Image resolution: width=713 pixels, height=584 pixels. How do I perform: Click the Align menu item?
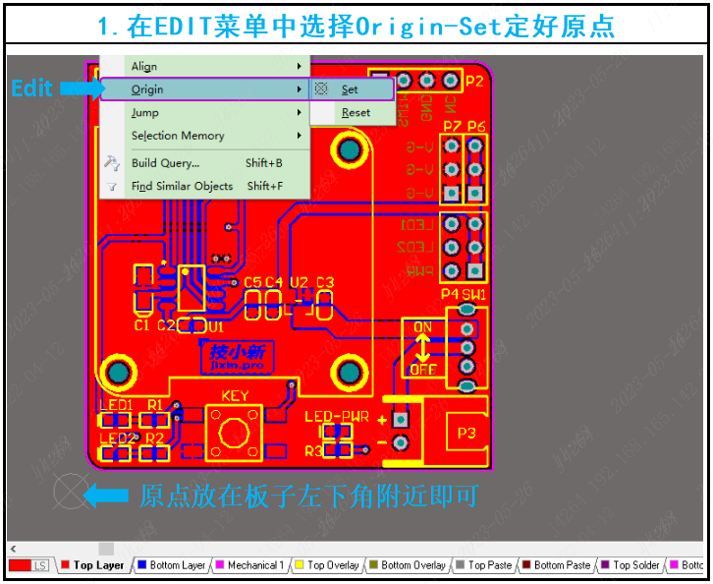(144, 67)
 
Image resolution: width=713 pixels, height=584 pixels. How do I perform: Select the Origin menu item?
(147, 89)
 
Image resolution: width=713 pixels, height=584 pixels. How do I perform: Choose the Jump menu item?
(145, 113)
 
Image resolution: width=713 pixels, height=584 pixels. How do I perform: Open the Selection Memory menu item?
(178, 136)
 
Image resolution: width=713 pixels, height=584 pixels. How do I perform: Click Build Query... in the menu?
(165, 163)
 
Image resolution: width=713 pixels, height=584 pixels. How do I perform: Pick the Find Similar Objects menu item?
(182, 186)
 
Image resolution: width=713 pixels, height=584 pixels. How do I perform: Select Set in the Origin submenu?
(350, 89)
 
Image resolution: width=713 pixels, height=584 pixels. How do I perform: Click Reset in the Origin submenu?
(356, 113)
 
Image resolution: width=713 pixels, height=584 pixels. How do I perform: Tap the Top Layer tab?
(98, 565)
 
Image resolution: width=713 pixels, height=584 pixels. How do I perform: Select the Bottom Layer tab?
(177, 565)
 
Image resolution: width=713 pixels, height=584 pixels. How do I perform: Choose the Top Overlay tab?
(333, 565)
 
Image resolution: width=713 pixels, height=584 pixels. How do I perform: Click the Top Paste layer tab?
(489, 565)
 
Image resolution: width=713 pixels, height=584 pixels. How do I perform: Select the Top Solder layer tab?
(635, 565)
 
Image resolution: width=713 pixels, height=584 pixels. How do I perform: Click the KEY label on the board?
(235, 396)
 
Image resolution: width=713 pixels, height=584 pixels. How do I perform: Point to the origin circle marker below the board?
(71, 493)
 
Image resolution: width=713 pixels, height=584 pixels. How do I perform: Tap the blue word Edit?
(31, 88)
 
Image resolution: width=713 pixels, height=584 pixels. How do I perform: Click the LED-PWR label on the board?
(336, 417)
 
